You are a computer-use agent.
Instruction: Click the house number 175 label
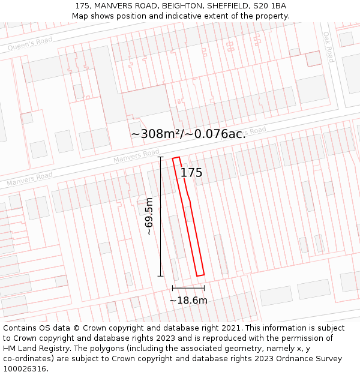coord(191,173)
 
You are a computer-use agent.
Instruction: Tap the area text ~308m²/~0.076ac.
coord(188,134)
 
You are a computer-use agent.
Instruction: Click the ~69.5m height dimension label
coord(149,217)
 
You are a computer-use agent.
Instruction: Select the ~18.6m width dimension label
coord(188,300)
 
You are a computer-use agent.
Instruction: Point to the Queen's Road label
coord(30,43)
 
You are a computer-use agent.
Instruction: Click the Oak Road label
coord(328,47)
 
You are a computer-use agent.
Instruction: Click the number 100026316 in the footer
coord(25,369)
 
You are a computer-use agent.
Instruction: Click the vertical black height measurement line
coord(161,240)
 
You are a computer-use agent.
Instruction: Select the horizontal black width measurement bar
coord(188,289)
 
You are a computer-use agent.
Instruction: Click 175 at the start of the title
coord(83,6)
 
